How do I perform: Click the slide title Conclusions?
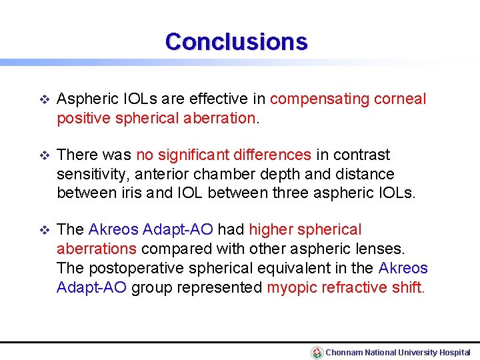pyautogui.click(x=237, y=41)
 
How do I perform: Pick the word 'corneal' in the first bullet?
pyautogui.click(x=400, y=99)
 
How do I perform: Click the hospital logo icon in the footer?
pyautogui.click(x=317, y=352)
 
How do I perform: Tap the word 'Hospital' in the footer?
pyautogui.click(x=455, y=352)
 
